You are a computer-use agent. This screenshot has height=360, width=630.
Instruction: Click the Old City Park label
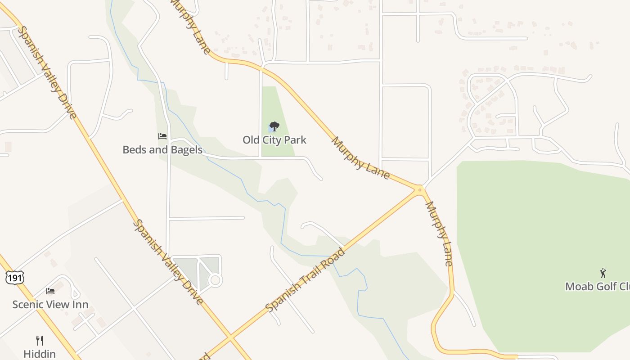tap(274, 140)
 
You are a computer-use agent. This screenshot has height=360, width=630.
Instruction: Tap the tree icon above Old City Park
tap(274, 126)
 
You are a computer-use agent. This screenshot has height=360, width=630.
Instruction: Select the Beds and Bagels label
tap(162, 150)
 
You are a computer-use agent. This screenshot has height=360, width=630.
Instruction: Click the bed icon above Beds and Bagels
tap(162, 136)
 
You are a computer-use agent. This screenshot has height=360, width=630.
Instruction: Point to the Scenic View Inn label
tap(50, 305)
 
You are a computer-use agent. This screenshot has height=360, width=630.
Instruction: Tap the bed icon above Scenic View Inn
tap(50, 291)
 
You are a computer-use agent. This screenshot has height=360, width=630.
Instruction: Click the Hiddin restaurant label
tap(40, 354)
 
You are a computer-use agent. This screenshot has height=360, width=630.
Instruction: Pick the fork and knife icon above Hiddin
tap(40, 340)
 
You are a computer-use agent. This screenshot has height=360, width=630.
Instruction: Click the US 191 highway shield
tap(14, 278)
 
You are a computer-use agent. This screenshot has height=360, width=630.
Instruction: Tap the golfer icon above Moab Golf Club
tap(603, 273)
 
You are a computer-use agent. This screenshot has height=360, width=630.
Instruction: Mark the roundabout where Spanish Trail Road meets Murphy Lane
tap(420, 189)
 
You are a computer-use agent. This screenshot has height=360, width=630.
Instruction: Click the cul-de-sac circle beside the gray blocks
tap(216, 280)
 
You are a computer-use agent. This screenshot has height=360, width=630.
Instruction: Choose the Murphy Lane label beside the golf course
tap(439, 234)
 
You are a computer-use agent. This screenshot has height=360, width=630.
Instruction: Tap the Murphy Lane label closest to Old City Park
tap(360, 158)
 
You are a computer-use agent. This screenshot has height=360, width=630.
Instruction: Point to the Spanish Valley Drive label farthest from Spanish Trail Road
tap(47, 72)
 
